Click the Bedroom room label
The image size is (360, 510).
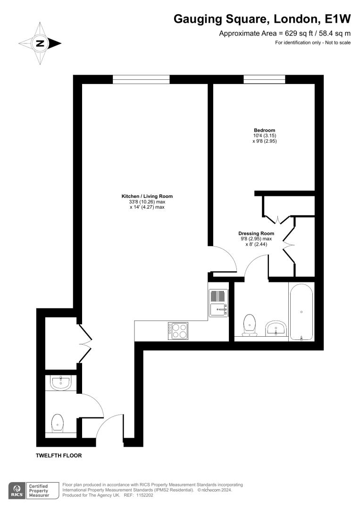pyautogui.click(x=265, y=130)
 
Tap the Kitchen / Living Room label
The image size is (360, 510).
pyautogui.click(x=147, y=196)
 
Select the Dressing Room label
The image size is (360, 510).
pyautogui.click(x=256, y=234)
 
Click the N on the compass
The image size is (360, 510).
pyautogui.click(x=40, y=43)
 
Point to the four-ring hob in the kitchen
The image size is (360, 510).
pyautogui.click(x=178, y=331)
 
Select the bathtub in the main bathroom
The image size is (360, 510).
pyautogui.click(x=301, y=312)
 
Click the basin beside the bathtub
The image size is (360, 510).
pyautogui.click(x=276, y=328)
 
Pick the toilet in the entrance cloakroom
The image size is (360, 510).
pyautogui.click(x=58, y=423)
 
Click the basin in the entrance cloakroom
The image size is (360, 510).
pyautogui.click(x=61, y=382)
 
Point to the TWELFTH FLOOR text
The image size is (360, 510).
pyautogui.click(x=59, y=456)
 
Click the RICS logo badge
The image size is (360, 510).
pyautogui.click(x=17, y=491)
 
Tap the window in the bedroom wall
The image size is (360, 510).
pyautogui.click(x=264, y=79)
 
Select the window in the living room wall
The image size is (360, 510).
pyautogui.click(x=141, y=79)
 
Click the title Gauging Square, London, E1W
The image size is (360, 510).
pyautogui.click(x=262, y=19)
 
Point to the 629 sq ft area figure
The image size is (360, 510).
pyautogui.click(x=291, y=33)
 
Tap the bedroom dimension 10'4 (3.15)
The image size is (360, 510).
pyautogui.click(x=265, y=136)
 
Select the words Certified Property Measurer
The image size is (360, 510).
pyautogui.click(x=39, y=491)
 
